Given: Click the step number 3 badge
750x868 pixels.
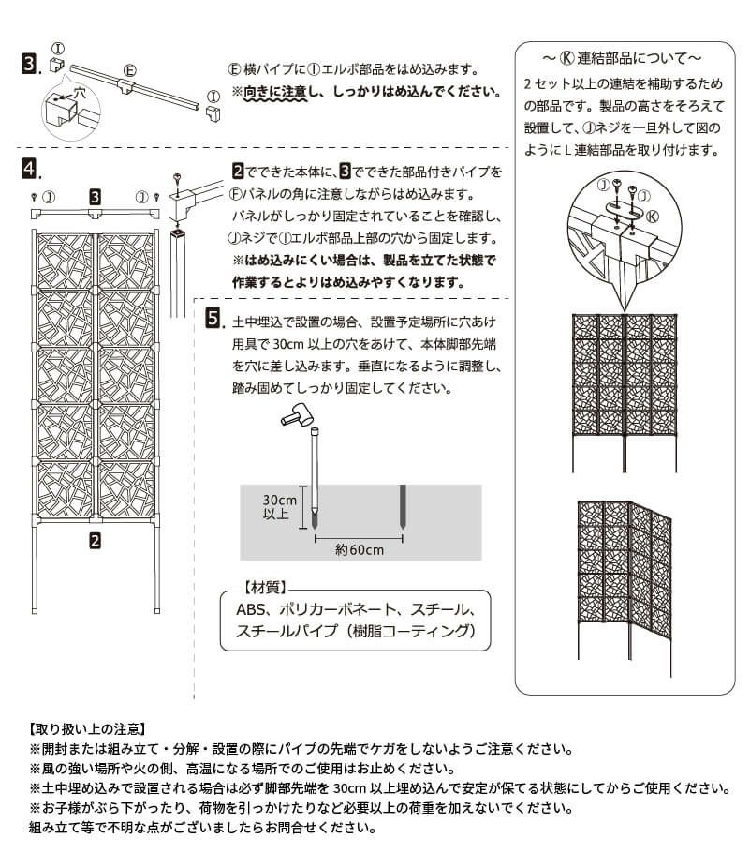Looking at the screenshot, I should (29, 64).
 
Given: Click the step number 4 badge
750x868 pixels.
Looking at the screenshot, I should (29, 169).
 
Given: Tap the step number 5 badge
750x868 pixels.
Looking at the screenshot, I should (213, 320).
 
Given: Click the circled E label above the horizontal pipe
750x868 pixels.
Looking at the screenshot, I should (130, 69).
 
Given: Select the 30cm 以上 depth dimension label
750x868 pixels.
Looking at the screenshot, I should (279, 506).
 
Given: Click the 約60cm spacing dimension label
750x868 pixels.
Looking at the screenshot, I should (359, 550).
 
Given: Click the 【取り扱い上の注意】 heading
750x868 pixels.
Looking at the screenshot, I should (87, 728).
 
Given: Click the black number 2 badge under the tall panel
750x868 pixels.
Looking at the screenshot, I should (95, 539).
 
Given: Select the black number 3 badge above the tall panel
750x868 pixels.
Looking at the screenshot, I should (95, 197).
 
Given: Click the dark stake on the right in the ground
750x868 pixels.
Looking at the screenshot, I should (403, 510).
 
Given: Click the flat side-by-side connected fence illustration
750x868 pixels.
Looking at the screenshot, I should (623, 384).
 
